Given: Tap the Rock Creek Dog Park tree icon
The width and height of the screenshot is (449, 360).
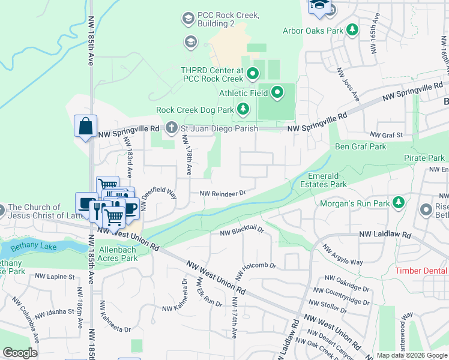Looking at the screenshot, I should pos(243,109).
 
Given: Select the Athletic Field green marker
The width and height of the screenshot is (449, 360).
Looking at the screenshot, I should pos(277,92).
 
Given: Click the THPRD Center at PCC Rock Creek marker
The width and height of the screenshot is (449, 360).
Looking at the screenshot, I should pos(253,74).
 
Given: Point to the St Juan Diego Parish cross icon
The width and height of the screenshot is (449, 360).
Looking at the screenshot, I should pos(172,128).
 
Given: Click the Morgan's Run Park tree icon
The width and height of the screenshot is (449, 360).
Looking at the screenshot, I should pos(397,204).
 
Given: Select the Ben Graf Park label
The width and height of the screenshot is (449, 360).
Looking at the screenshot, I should pos(360,146).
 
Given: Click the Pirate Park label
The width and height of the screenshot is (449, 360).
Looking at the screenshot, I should pos(424,157).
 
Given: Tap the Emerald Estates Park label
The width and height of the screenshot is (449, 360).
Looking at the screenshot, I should pos(327,180).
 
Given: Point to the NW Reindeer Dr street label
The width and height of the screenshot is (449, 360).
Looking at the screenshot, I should pos(223,193).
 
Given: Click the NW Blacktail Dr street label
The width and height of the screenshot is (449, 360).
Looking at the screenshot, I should pos(242,231).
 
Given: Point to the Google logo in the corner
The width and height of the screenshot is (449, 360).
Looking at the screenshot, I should pos(20,353).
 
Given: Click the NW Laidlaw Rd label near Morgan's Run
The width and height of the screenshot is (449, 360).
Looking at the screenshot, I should pos(385,235).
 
